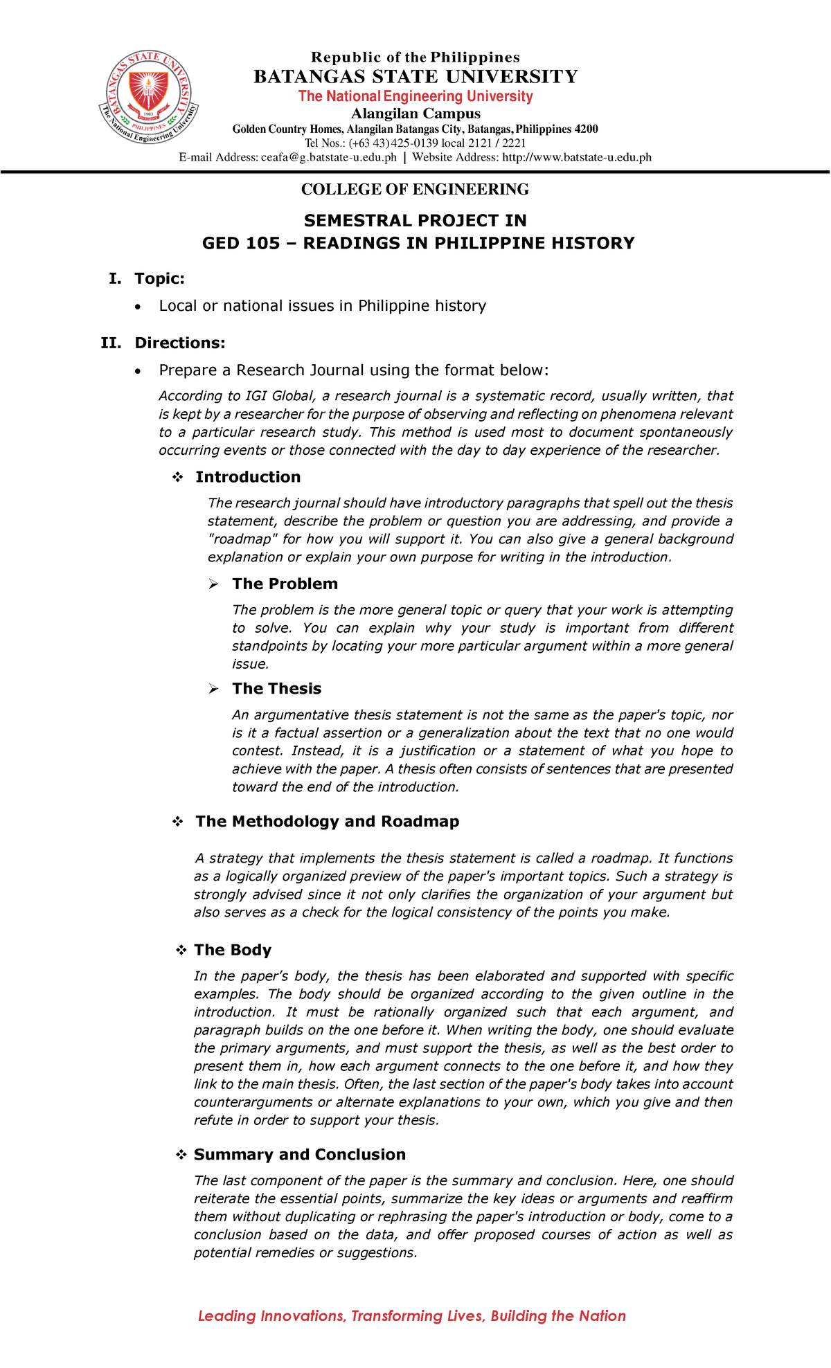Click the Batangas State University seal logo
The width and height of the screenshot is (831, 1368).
click(x=149, y=98)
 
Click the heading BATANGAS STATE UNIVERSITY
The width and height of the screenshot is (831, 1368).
click(x=415, y=77)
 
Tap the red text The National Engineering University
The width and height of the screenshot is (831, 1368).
click(x=415, y=96)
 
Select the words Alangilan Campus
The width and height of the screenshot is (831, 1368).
click(x=415, y=114)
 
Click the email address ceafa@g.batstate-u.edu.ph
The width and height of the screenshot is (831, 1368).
click(x=328, y=157)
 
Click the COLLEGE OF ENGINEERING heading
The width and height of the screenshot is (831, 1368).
click(x=415, y=190)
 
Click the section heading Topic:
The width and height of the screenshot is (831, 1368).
click(x=159, y=278)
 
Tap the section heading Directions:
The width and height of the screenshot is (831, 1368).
click(x=179, y=343)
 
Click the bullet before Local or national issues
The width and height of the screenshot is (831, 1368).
click(x=139, y=307)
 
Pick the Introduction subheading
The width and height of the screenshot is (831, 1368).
click(x=248, y=477)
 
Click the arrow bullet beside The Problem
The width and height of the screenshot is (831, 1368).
click(x=214, y=585)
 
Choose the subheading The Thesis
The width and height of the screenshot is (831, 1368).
click(x=276, y=688)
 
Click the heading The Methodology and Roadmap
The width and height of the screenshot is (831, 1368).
click(x=327, y=821)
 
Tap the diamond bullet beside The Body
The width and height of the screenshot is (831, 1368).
click(x=181, y=951)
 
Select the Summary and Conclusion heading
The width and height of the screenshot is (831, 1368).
click(x=299, y=1154)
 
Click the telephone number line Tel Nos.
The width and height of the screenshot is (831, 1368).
click(x=415, y=143)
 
